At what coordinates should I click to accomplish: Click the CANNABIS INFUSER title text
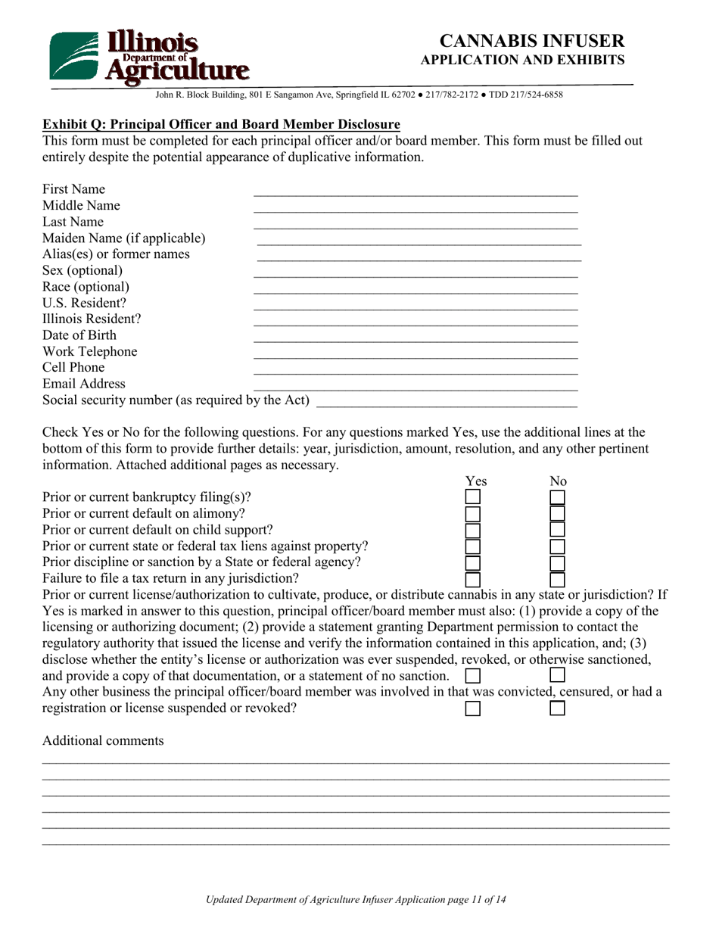(532, 41)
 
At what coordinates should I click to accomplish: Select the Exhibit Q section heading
(221, 124)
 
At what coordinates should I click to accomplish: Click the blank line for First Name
(415, 190)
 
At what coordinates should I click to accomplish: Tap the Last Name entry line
(415, 223)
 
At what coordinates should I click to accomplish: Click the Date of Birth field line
(415, 337)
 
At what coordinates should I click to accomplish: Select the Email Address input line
(415, 386)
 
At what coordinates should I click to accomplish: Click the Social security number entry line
(447, 402)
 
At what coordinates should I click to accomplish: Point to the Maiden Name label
(123, 238)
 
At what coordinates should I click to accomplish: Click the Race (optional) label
(86, 287)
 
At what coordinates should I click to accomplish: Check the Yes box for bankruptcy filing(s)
(472, 497)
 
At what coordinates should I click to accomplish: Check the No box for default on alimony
(557, 514)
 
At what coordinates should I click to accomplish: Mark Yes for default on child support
(472, 530)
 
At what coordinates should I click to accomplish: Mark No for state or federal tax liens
(557, 546)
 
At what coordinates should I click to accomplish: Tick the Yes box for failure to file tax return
(472, 580)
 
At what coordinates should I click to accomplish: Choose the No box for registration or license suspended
(557, 708)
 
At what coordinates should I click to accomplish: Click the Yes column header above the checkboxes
(475, 481)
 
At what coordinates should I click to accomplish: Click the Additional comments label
(103, 740)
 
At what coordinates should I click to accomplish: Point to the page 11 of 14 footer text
(356, 899)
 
